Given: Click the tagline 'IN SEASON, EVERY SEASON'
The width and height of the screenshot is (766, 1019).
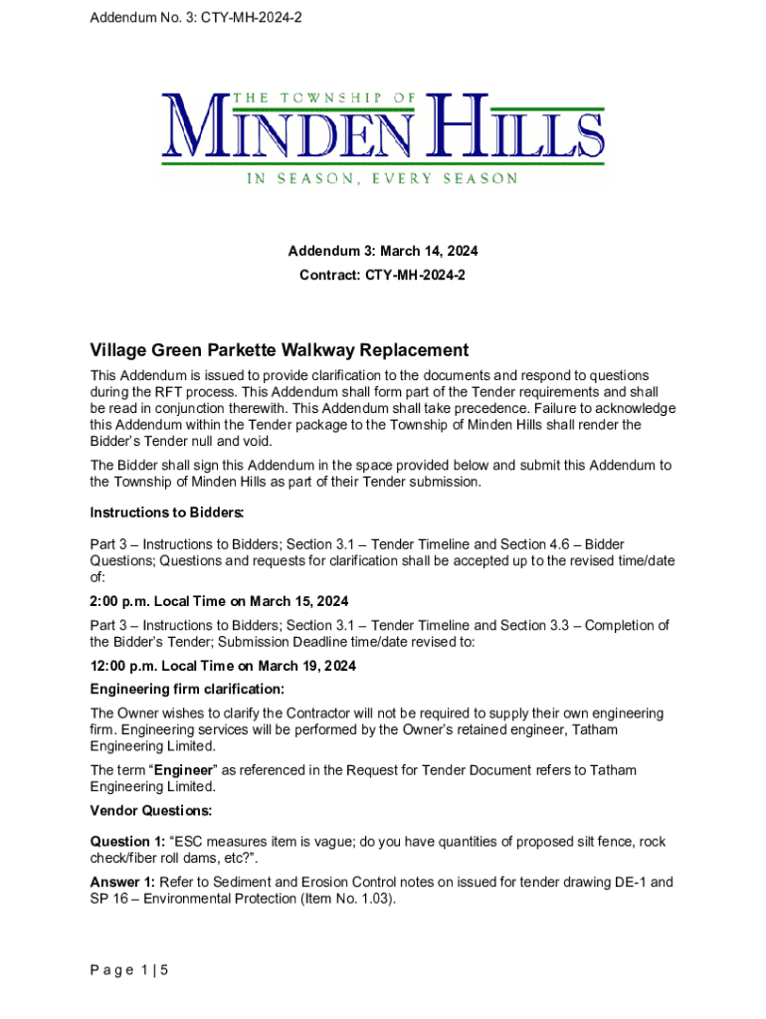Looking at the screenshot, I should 382,179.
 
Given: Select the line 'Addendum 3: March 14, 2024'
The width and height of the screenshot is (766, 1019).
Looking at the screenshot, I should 383,252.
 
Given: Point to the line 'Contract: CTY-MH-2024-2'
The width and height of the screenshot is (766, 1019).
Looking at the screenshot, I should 383,274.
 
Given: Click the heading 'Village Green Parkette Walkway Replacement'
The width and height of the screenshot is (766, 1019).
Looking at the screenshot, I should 279,350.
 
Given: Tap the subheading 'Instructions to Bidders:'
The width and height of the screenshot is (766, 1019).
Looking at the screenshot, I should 167,512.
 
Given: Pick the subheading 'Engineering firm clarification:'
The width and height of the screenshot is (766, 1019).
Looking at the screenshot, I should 188,690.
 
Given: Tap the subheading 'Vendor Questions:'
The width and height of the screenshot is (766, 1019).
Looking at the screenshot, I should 150,810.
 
